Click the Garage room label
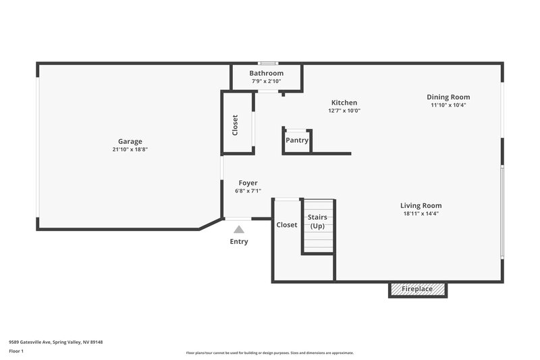coord(130,141)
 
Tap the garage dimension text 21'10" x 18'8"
coord(130,149)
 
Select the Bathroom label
coord(266,73)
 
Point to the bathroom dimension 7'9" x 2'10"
coord(266,81)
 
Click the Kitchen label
coord(344,103)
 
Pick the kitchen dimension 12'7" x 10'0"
coord(344,111)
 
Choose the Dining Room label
coord(448,97)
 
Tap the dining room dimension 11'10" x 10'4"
coord(448,105)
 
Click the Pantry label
coord(297,140)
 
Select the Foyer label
coord(248,183)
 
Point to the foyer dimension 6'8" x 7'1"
coord(248,191)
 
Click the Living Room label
coord(421,205)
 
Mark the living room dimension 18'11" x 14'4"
coord(421,213)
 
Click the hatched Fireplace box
coord(418,289)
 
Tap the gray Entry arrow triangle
coord(239,230)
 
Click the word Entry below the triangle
coord(239,241)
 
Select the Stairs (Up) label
coord(318,221)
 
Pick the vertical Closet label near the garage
coord(235,125)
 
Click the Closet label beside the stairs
coord(287,224)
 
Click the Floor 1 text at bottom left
coord(16,351)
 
